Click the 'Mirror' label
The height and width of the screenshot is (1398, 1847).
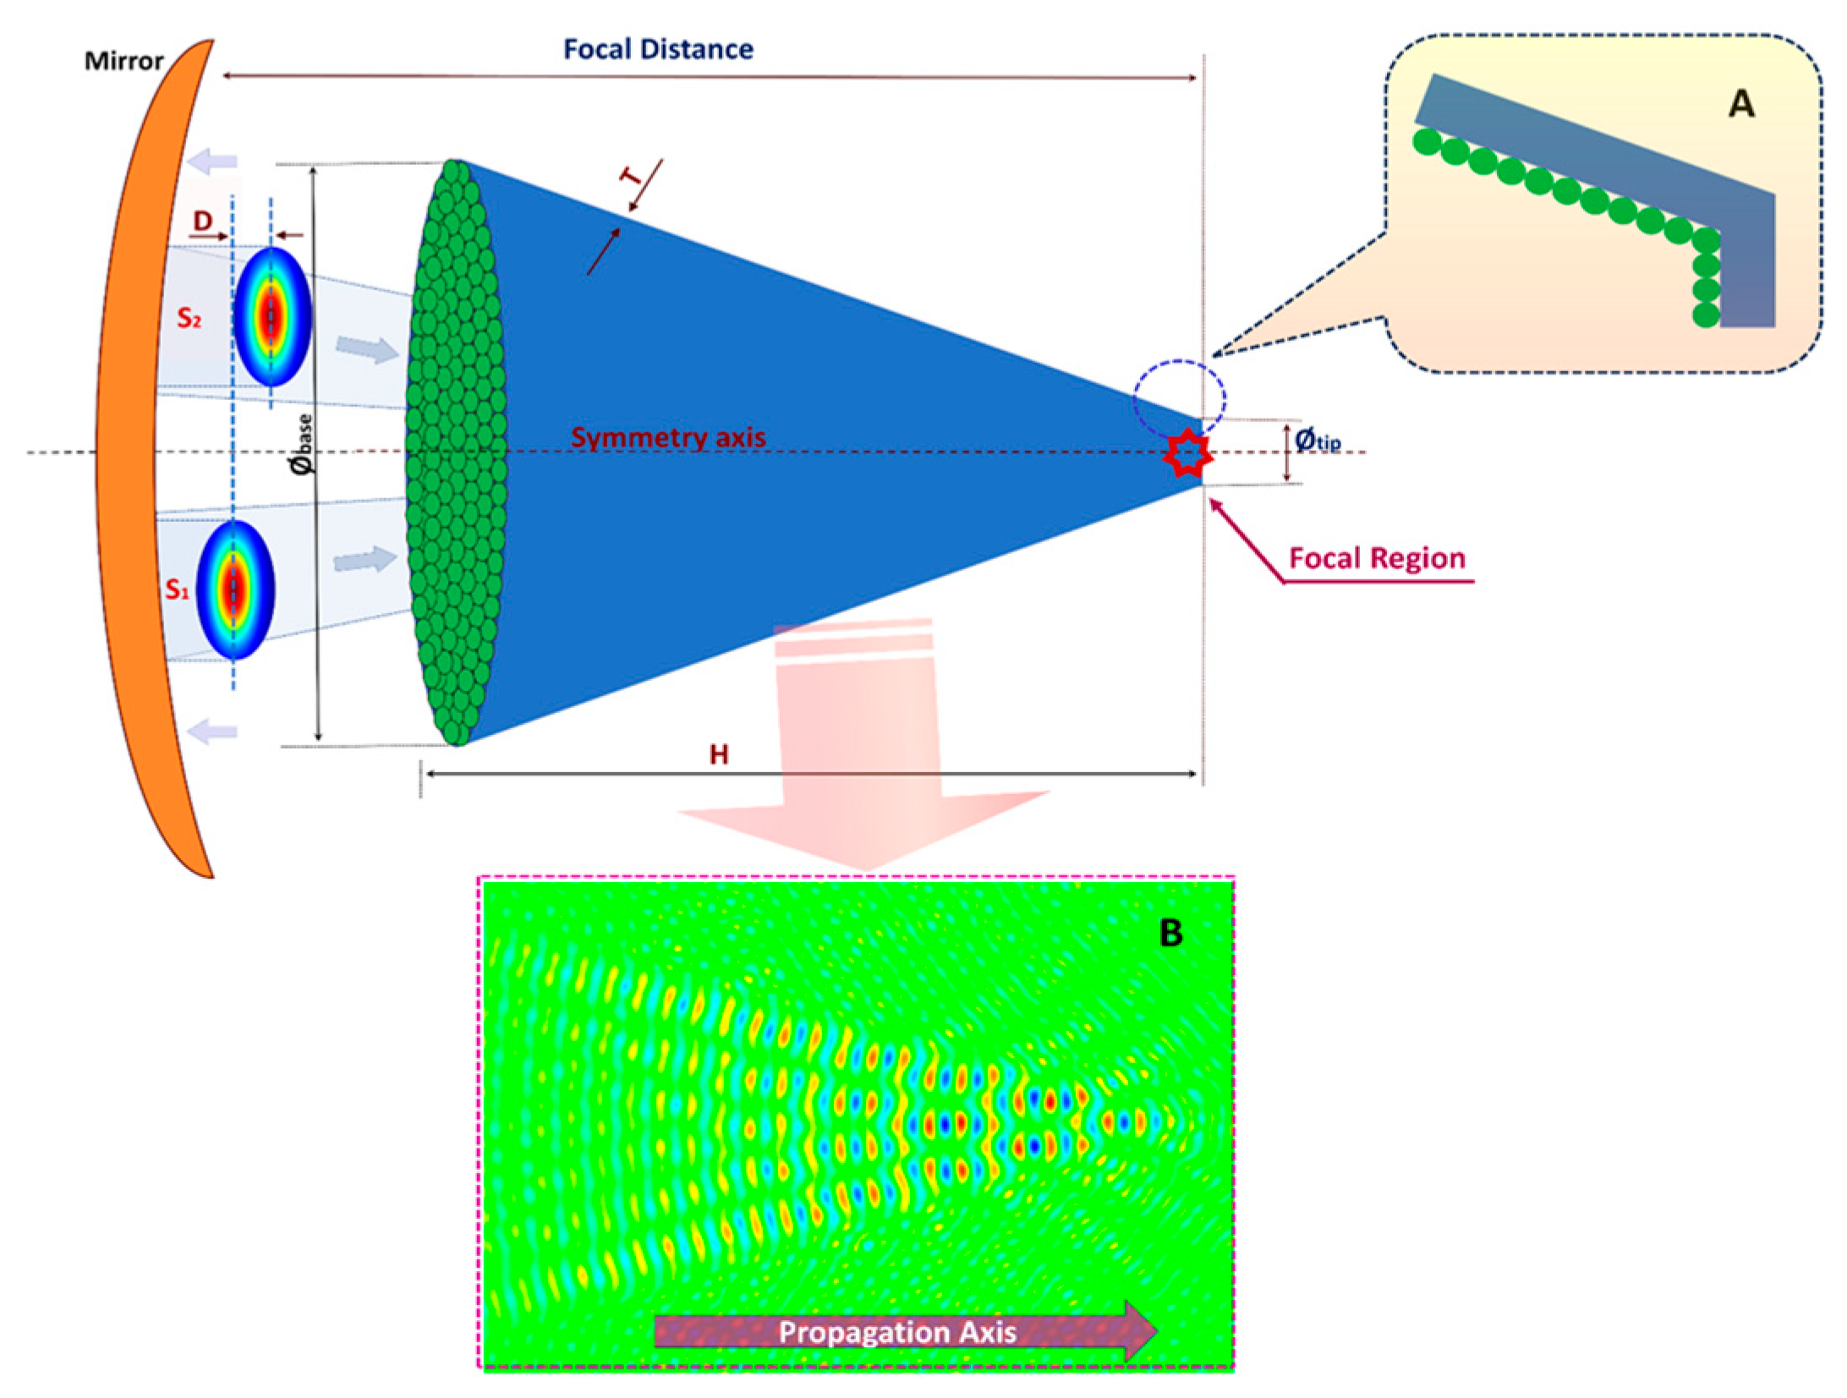point(123,61)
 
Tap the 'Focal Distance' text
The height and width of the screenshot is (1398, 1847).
point(658,49)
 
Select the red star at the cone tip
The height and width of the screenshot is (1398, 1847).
point(1187,455)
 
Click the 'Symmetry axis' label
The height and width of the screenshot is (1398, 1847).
point(667,437)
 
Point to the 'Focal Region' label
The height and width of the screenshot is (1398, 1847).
point(1377,558)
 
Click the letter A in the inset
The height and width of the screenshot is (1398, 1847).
point(1741,104)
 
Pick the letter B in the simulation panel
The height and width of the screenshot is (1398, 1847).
point(1170,932)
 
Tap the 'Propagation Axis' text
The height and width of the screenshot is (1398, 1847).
point(896,1331)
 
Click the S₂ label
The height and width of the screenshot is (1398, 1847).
point(189,318)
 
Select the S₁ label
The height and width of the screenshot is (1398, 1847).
point(178,589)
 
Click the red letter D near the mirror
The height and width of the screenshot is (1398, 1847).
point(203,221)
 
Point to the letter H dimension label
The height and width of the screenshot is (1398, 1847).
point(719,754)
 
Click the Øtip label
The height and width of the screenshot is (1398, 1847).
point(1317,440)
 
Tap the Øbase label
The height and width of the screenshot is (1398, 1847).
point(302,444)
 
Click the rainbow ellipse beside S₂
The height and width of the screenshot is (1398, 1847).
point(272,316)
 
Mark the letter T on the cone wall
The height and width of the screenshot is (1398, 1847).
point(631,176)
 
